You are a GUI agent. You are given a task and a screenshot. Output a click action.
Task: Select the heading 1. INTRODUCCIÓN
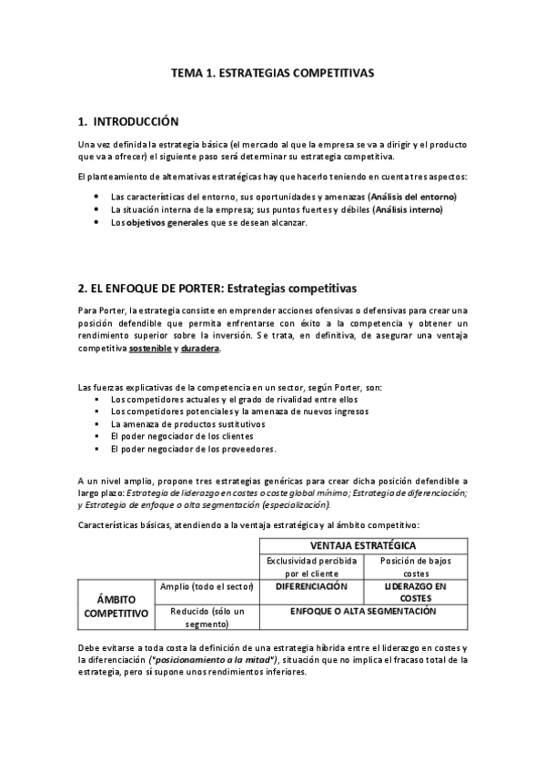click(x=128, y=121)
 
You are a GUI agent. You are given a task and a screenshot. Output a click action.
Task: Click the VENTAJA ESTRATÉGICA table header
click(x=363, y=544)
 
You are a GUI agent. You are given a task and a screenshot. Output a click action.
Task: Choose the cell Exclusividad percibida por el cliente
click(x=311, y=566)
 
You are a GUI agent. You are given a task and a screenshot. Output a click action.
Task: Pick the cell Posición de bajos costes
click(x=415, y=566)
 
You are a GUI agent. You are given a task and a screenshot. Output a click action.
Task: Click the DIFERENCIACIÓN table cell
click(x=311, y=587)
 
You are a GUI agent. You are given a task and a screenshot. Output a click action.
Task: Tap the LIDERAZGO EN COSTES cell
click(x=415, y=593)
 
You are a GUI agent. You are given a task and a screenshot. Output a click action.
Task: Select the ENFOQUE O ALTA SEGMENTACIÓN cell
click(x=363, y=612)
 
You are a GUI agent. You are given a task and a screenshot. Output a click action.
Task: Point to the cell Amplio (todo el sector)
click(x=206, y=587)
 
